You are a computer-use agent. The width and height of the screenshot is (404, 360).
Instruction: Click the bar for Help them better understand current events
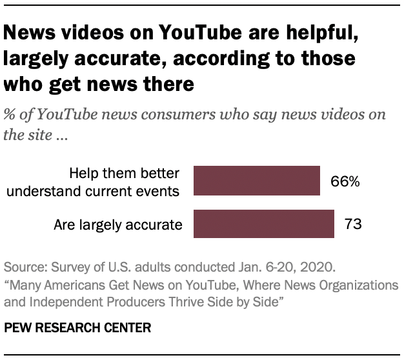click(257, 181)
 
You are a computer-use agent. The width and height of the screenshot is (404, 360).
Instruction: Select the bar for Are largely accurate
click(263, 225)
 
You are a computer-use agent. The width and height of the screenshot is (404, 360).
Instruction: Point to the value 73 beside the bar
click(352, 225)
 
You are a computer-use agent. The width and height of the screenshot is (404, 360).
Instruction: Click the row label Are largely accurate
click(119, 225)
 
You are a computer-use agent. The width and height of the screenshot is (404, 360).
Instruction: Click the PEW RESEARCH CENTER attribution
click(78, 328)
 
